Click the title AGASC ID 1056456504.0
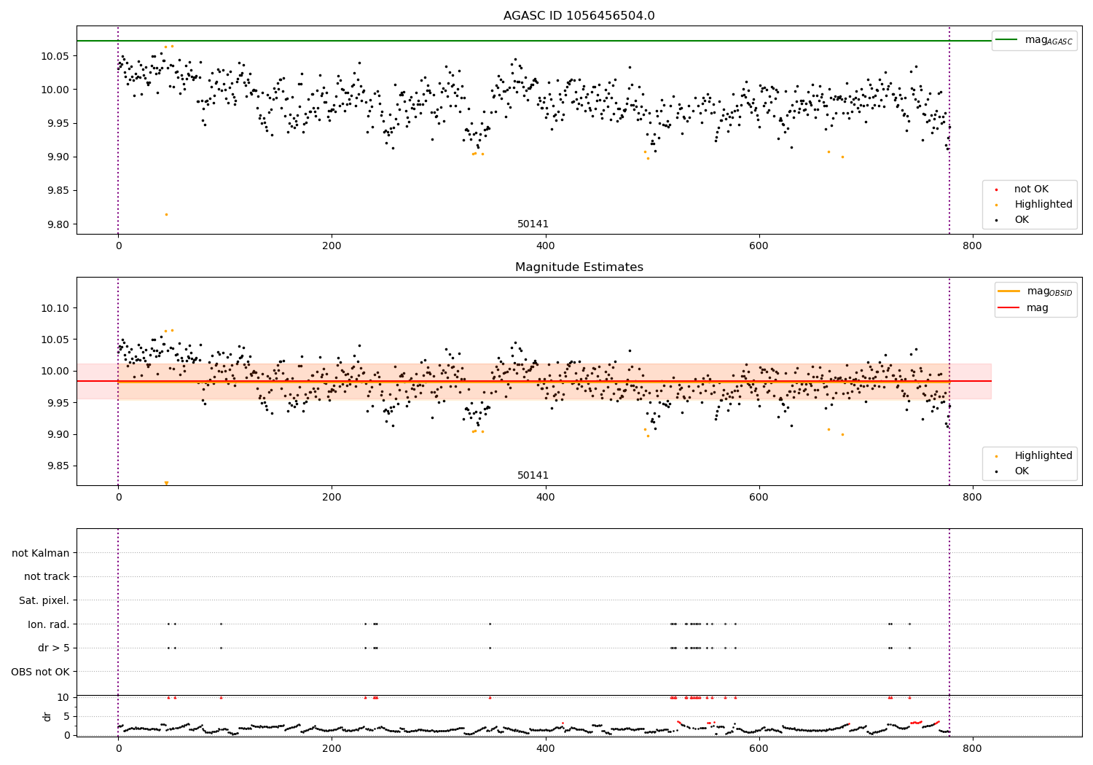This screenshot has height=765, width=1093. (x=579, y=16)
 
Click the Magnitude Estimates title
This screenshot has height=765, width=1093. (x=579, y=267)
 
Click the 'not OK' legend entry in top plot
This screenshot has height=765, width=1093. (x=1031, y=189)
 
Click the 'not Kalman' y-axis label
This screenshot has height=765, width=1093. (x=40, y=553)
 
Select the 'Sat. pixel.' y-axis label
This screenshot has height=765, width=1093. (x=44, y=600)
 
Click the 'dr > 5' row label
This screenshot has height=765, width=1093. (x=53, y=648)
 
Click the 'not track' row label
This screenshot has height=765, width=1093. (x=47, y=576)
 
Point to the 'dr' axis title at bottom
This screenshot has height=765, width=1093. (x=47, y=716)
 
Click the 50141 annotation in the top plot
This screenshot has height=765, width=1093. (x=533, y=224)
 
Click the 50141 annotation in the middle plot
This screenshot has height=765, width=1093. (x=533, y=475)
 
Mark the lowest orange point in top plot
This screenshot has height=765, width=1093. (x=166, y=214)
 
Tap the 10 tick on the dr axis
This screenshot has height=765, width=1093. (x=63, y=697)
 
